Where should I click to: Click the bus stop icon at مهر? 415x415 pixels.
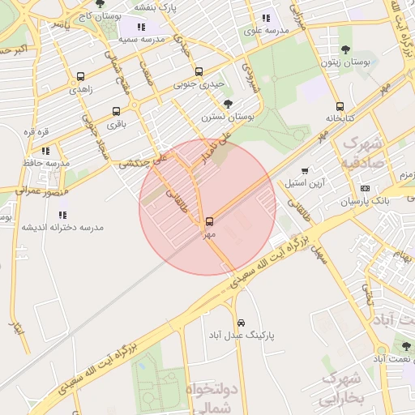[210, 220]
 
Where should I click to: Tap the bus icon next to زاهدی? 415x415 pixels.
[80, 77]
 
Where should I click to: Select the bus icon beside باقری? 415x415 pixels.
[116, 111]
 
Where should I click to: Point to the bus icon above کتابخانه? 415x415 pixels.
[339, 106]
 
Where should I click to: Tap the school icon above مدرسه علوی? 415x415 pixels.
[265, 19]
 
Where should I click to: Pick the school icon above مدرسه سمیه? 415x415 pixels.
[142, 27]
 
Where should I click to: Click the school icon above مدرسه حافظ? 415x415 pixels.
[45, 150]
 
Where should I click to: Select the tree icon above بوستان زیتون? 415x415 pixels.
[346, 49]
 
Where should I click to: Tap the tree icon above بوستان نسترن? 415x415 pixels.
[229, 104]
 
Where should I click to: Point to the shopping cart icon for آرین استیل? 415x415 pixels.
[304, 170]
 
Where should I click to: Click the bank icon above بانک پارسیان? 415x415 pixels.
[365, 188]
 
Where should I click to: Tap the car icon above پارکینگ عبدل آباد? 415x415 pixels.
[242, 322]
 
